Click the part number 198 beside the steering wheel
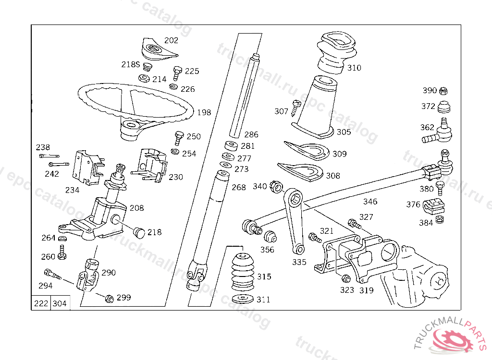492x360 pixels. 204,113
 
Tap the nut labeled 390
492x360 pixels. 444,91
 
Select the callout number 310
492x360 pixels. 354,68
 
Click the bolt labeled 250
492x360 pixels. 179,137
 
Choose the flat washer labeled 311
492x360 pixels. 243,300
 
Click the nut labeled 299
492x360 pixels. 109,299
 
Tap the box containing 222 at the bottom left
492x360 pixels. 41,303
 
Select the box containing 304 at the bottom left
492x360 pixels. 60,303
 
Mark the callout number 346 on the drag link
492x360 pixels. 370,202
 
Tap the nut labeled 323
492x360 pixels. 345,279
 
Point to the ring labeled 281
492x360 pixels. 232,146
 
